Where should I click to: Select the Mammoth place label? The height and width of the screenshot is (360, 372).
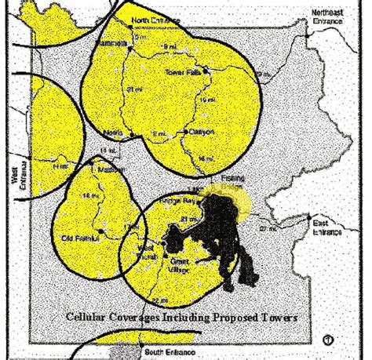click(114, 43)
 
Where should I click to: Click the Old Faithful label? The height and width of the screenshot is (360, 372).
click(78, 237)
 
